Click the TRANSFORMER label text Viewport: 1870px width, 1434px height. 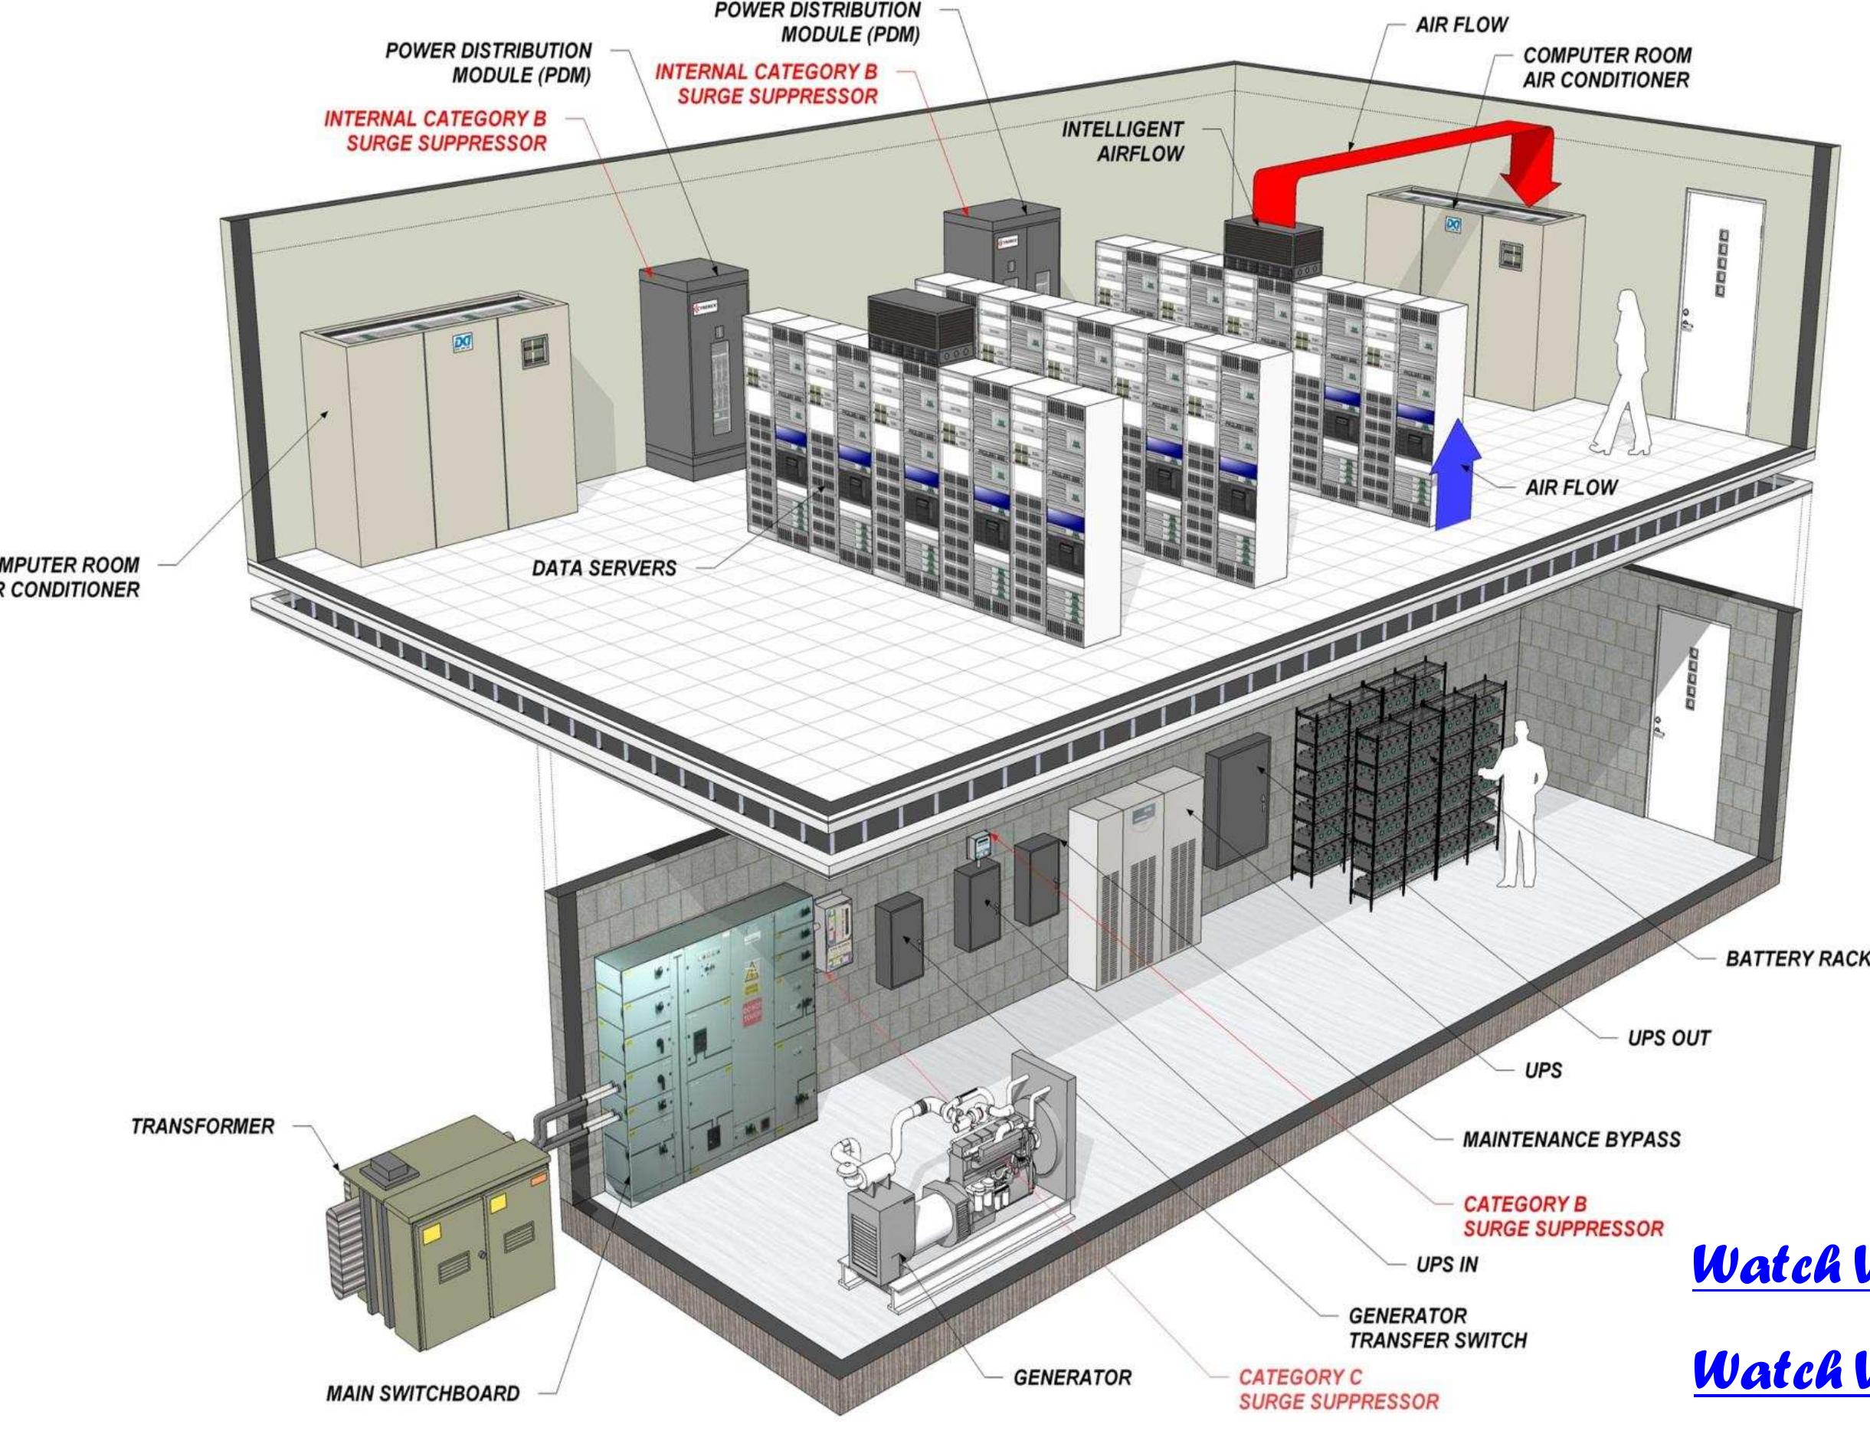pyautogui.click(x=202, y=1126)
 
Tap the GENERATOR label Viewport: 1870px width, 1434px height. pyautogui.click(x=1072, y=1377)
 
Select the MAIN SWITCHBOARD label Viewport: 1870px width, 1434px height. pyautogui.click(x=422, y=1393)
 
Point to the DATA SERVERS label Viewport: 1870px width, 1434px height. pyautogui.click(x=604, y=568)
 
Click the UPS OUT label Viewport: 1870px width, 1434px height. pyautogui.click(x=1669, y=1039)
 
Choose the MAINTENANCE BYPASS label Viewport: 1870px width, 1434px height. pyautogui.click(x=1571, y=1140)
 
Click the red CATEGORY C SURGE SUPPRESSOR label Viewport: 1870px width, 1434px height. pyautogui.click(x=1338, y=1389)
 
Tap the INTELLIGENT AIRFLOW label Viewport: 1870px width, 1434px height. pyautogui.click(x=1122, y=142)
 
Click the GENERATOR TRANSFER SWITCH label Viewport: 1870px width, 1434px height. pyautogui.click(x=1437, y=1328)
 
